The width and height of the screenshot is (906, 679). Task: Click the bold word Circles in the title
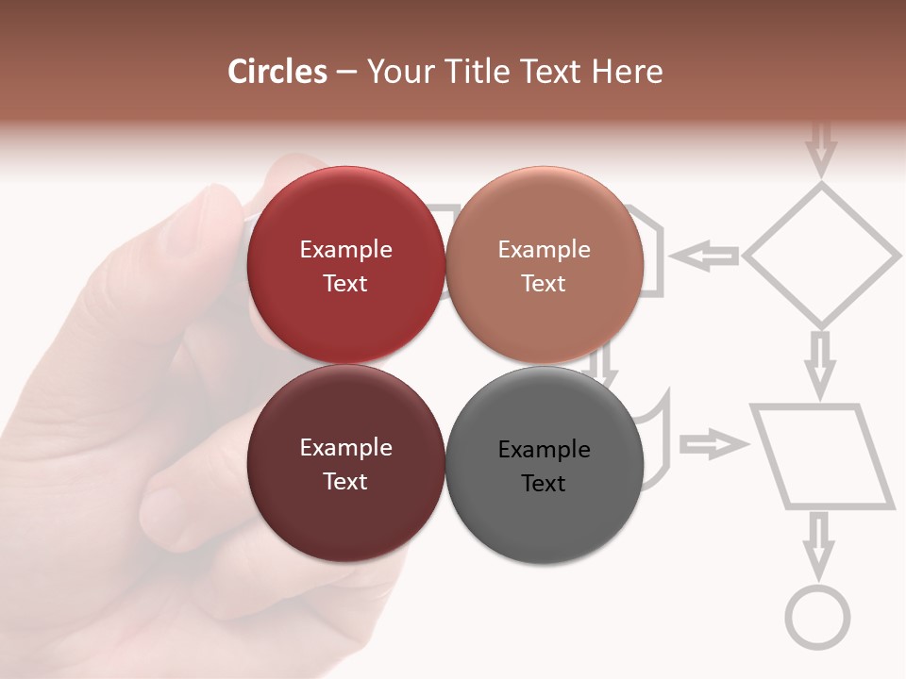277,72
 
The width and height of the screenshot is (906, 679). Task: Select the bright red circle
345,265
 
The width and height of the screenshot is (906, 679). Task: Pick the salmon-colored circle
544,265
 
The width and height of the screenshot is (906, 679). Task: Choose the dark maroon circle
345,463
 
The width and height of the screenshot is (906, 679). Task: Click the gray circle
544,465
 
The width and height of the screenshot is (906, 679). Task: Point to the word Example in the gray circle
544,450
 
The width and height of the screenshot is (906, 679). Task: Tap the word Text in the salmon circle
544,284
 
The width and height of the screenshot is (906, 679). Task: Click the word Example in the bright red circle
345,250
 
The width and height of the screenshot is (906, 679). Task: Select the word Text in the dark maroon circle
345,482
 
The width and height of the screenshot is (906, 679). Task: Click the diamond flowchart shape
821,255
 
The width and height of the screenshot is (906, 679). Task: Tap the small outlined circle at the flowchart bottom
817,617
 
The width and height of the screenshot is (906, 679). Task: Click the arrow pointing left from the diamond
704,255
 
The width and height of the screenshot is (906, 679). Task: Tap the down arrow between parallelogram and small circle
818,544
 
